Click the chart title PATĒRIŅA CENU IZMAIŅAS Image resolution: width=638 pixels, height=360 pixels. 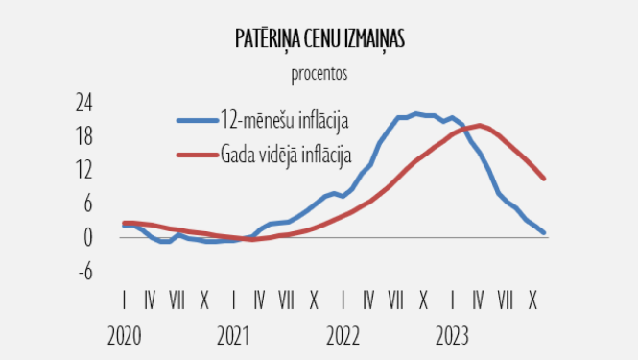click(x=319, y=38)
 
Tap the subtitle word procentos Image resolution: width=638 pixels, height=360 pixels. click(x=319, y=72)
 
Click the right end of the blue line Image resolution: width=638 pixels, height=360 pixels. click(x=544, y=232)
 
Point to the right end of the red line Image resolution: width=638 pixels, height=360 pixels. click(x=544, y=178)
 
